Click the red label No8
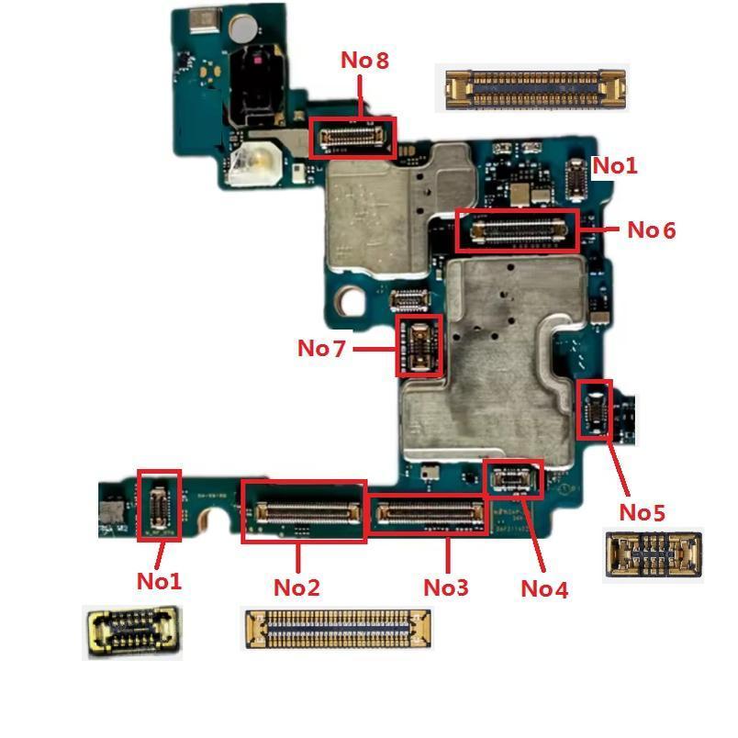pos(364,61)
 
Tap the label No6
pos(651,230)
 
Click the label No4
pos(544,588)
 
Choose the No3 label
pos(446,587)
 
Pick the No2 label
pos(296,587)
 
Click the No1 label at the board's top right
pos(614,166)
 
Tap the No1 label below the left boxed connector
pos(159,580)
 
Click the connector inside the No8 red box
pos(352,139)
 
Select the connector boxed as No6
pos(518,230)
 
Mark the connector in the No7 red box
pos(419,345)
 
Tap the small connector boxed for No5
pos(594,410)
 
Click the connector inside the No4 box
pos(513,479)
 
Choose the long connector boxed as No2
pos(303,511)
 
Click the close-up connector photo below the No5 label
pos(654,554)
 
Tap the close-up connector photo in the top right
pos(534,89)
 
